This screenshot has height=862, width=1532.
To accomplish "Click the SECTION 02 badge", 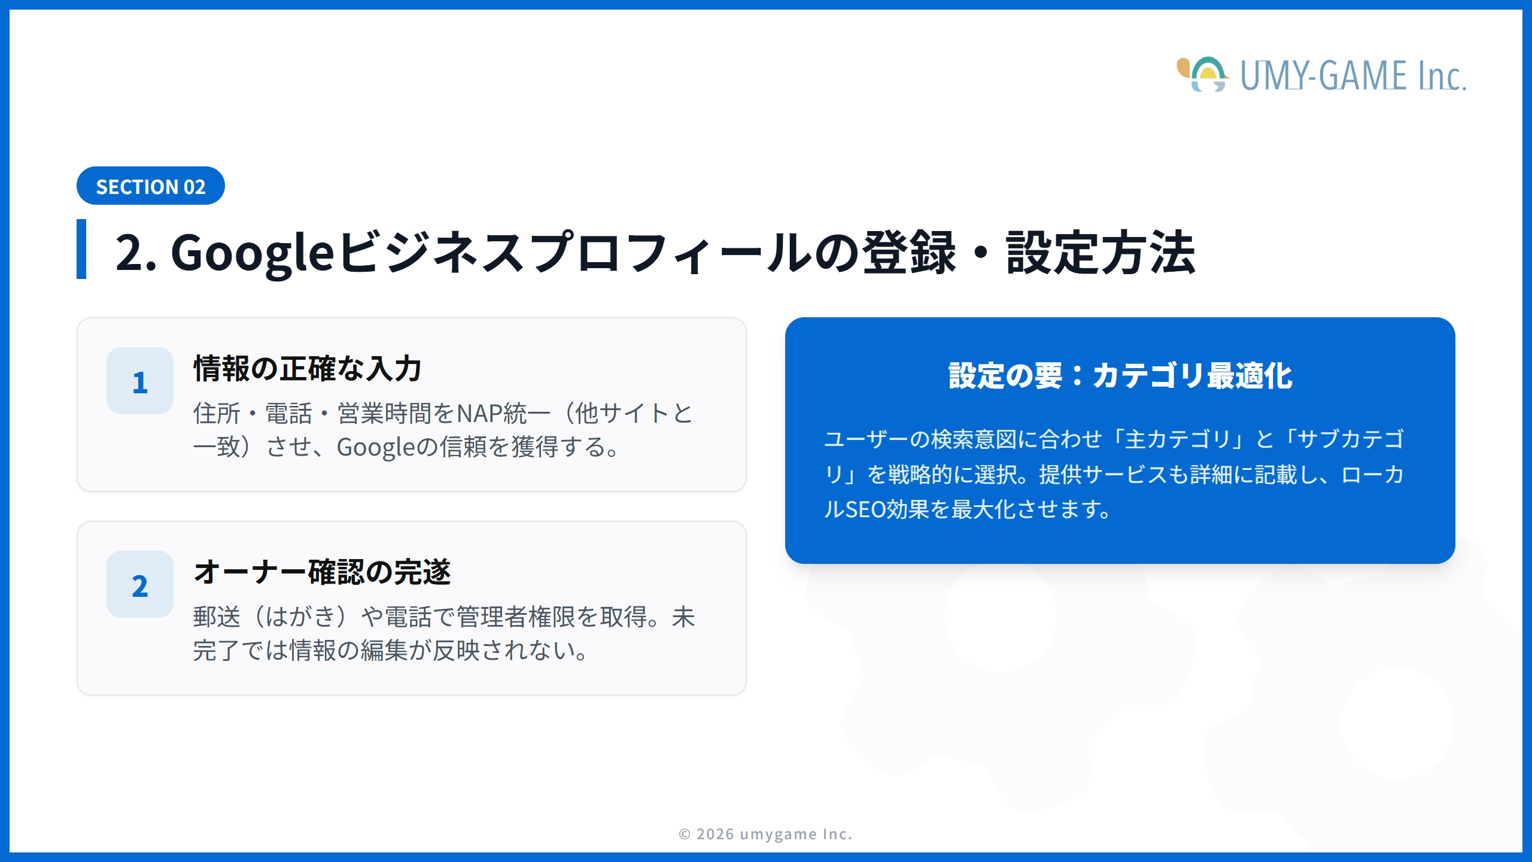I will click(x=151, y=186).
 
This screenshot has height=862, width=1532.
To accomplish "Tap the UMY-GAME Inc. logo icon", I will click(x=1203, y=75).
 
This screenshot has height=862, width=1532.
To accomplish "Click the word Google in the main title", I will click(x=252, y=253).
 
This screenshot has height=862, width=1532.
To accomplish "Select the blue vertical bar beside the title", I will click(x=81, y=249).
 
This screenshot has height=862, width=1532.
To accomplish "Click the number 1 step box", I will click(x=140, y=381).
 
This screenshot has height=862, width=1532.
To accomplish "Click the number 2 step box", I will click(x=140, y=585).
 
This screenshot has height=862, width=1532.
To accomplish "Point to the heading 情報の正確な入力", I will click(x=308, y=368).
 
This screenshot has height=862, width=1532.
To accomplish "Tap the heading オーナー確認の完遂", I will click(x=322, y=572).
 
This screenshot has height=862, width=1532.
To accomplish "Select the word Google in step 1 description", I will click(x=375, y=447).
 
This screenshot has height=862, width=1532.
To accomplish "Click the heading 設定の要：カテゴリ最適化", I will click(x=1120, y=376).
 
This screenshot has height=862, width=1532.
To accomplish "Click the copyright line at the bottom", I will click(x=765, y=834).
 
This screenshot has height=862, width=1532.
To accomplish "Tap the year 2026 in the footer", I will click(x=715, y=834).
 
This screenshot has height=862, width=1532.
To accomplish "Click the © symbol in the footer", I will click(x=685, y=834).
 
